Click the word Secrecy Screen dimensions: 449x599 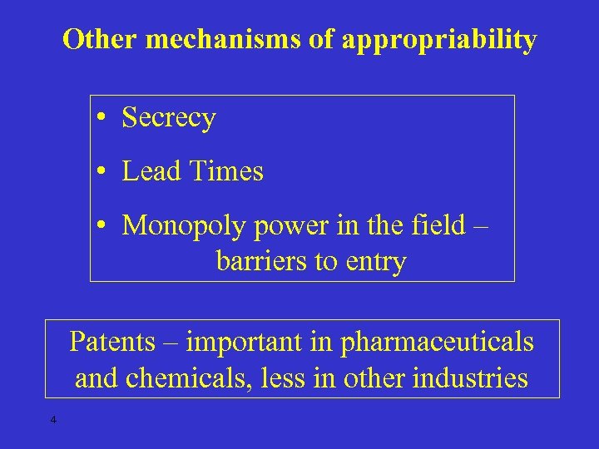tap(169, 119)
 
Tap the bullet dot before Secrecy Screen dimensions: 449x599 tap(99, 119)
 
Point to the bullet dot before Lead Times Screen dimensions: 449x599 tap(99, 172)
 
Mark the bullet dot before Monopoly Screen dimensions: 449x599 tap(99, 225)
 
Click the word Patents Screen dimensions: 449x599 tap(111, 342)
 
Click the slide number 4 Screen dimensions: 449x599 tap(52, 420)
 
